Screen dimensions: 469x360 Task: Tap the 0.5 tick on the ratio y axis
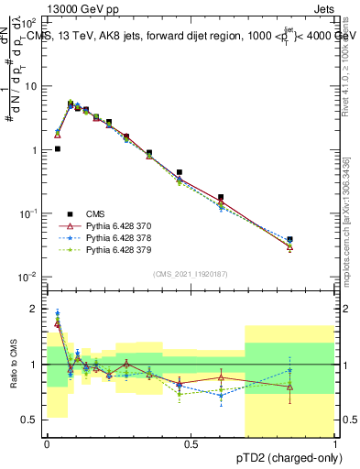(31, 420)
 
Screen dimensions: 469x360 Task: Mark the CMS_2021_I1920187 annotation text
(191, 274)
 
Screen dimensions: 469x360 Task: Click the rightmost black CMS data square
(289, 240)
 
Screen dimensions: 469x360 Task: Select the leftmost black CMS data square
(58, 148)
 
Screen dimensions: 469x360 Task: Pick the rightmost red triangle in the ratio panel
(289, 387)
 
